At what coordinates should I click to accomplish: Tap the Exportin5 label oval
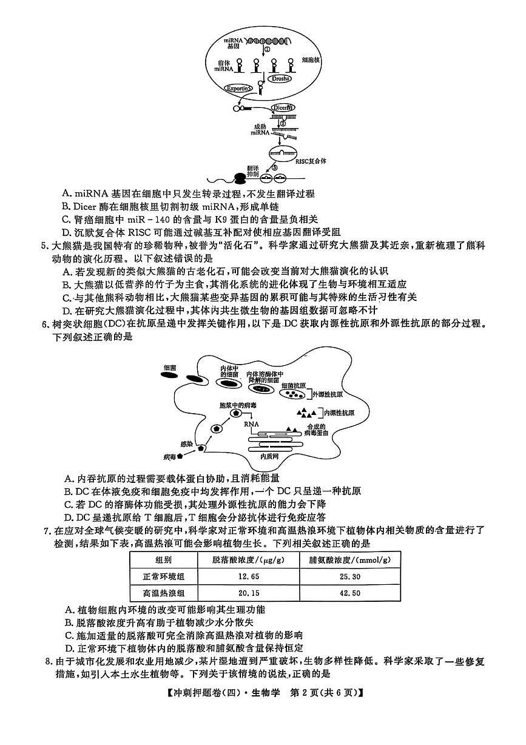(238, 89)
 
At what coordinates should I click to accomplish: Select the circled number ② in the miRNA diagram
(282, 122)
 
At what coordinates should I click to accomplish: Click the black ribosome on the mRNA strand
(240, 178)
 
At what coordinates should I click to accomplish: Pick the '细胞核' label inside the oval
(311, 60)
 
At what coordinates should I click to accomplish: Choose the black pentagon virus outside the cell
(180, 456)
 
